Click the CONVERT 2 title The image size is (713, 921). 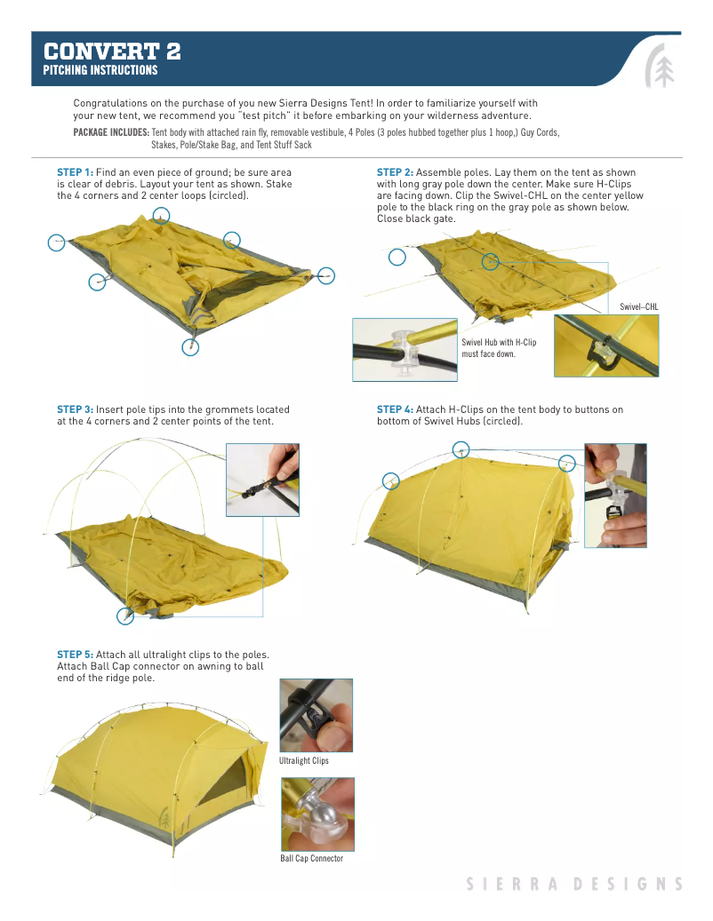point(113,51)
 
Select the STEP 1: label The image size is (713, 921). point(75,171)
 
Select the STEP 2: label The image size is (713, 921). point(395,171)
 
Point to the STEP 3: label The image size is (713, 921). point(75,409)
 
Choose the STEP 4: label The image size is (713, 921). point(395,409)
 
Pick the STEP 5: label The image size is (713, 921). point(75,655)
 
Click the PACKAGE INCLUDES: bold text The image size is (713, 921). point(111,132)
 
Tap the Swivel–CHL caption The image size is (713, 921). point(638,306)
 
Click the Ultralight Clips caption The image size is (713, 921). point(304,761)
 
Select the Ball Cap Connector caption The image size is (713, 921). point(311,859)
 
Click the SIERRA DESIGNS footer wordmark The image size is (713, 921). point(574,884)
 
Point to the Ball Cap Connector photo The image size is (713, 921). point(317,814)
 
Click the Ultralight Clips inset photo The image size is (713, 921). point(316,716)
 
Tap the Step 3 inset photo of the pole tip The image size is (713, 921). point(262,480)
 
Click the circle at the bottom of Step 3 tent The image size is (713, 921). point(125,616)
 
